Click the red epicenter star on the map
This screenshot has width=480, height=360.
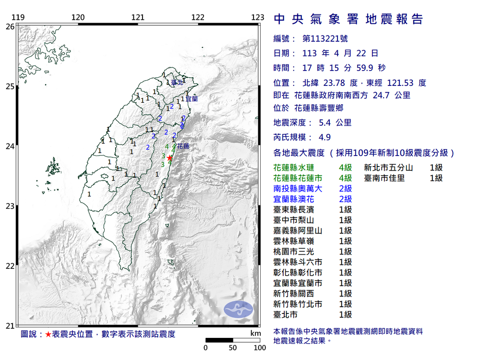(169, 157)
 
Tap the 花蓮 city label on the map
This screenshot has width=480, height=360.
(183, 146)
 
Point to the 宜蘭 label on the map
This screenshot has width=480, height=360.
(191, 99)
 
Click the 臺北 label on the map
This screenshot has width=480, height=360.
(177, 83)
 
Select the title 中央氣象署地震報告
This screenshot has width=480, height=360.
(348, 19)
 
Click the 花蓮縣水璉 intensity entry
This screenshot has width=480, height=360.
(293, 168)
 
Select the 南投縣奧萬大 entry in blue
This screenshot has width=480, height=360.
(293, 189)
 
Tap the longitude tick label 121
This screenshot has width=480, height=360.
(138, 18)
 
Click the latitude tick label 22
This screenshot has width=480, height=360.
(10, 266)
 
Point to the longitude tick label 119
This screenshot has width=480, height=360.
(18, 18)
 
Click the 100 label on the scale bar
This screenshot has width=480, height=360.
(260, 348)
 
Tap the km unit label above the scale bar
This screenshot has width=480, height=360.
(255, 334)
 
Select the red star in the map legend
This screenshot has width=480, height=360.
(48, 334)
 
